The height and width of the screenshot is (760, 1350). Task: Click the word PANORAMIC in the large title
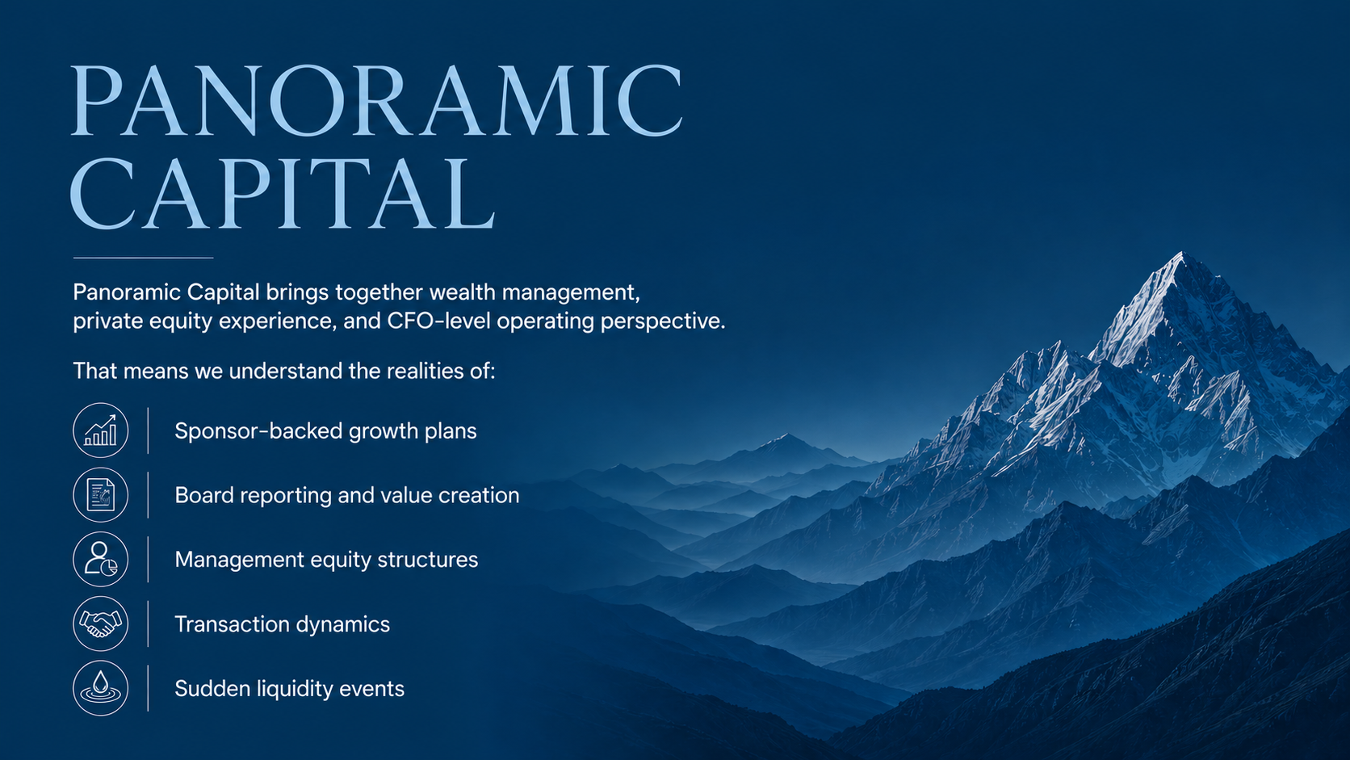click(377, 101)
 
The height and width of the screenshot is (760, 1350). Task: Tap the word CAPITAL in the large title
click(283, 193)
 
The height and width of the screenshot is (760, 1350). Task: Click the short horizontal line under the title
click(144, 258)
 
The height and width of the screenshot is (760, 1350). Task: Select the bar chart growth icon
click(101, 430)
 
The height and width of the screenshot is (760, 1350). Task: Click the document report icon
click(101, 495)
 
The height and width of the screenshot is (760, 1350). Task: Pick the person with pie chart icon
click(101, 560)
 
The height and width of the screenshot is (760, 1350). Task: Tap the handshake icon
click(101, 624)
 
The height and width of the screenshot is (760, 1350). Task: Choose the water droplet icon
click(101, 688)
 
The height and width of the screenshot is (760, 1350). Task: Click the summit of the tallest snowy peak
click(1181, 253)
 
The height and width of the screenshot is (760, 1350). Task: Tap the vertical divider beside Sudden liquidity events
click(148, 688)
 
